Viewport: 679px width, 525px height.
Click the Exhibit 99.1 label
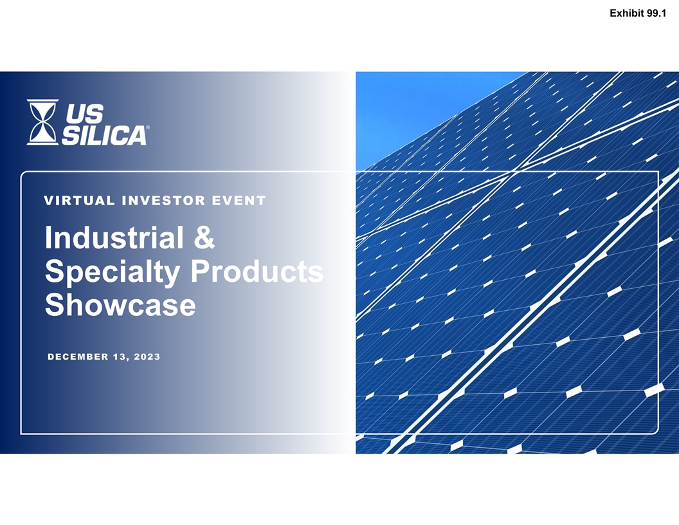click(x=637, y=14)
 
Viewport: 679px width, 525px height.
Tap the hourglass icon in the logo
click(x=42, y=122)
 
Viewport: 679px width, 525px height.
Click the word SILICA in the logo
click(x=104, y=135)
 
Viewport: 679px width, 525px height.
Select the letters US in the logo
click(x=85, y=114)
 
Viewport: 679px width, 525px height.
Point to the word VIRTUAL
click(x=79, y=201)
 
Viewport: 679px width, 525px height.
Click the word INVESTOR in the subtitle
click(x=164, y=201)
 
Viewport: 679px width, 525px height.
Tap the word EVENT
click(x=239, y=201)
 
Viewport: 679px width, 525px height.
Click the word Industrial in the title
click(x=114, y=237)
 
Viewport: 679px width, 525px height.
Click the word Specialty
click(x=112, y=273)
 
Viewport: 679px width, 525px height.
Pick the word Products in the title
click(x=257, y=271)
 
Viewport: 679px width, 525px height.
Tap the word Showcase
click(x=120, y=304)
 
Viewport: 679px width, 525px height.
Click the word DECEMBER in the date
click(x=78, y=356)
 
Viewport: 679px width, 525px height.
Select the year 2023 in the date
click(x=147, y=356)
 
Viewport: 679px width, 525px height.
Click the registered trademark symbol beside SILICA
click(x=148, y=127)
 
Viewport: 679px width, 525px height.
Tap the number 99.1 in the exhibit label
click(x=656, y=14)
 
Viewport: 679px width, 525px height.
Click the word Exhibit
click(x=627, y=14)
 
